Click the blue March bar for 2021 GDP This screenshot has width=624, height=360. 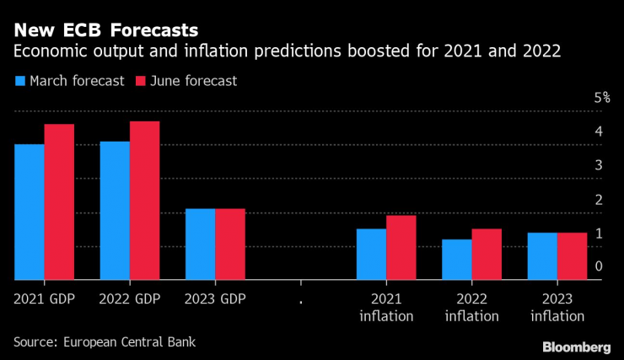click(x=30, y=212)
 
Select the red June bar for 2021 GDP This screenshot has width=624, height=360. click(x=59, y=201)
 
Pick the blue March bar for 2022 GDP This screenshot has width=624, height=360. click(x=115, y=210)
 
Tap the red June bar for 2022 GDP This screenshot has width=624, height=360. click(x=144, y=200)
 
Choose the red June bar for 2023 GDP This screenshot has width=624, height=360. click(x=230, y=244)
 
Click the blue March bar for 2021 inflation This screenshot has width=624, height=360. click(x=370, y=254)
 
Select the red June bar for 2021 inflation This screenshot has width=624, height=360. click(x=401, y=247)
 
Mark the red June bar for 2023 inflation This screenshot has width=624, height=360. click(x=571, y=255)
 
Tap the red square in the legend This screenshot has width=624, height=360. click(x=140, y=81)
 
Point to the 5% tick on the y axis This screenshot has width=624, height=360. click(x=601, y=98)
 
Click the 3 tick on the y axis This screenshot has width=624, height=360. click(x=598, y=165)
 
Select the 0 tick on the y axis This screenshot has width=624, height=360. click(x=598, y=266)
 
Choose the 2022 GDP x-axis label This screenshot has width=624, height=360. click(x=130, y=298)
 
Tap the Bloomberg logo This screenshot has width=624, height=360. click(x=577, y=347)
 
